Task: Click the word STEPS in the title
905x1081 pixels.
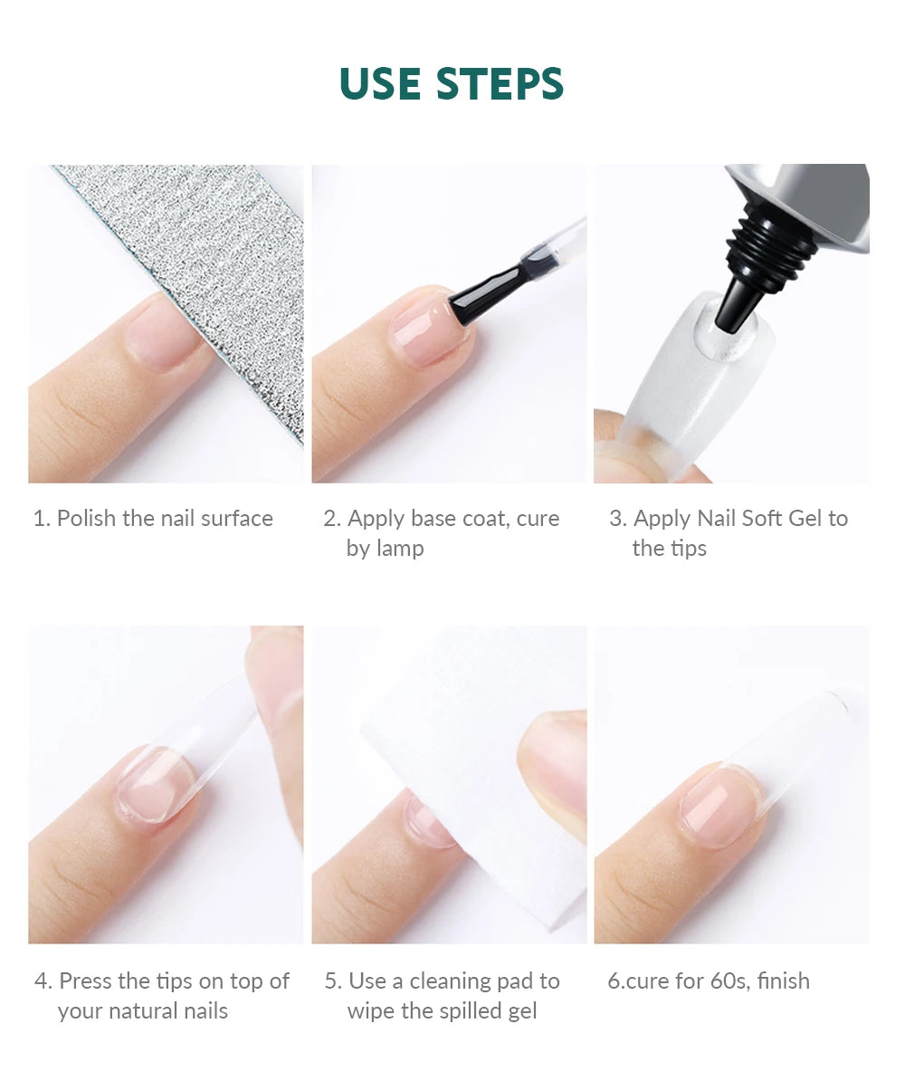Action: click(500, 83)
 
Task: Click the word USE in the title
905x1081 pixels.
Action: click(381, 83)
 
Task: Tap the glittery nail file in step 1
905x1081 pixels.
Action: click(208, 263)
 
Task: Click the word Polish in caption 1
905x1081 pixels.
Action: click(87, 519)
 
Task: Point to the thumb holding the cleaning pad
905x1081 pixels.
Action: click(552, 770)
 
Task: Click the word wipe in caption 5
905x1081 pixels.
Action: click(372, 1011)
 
